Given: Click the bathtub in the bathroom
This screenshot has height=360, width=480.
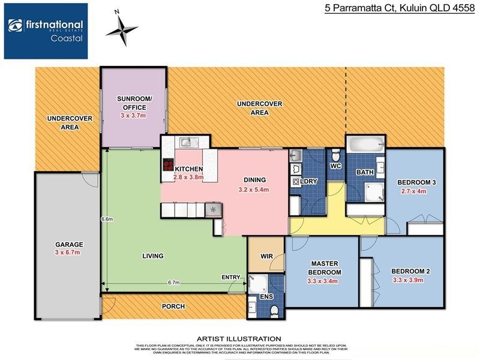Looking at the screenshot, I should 365,144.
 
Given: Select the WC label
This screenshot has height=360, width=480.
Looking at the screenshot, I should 336,165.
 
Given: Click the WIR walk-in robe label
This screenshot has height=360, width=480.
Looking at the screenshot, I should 266,256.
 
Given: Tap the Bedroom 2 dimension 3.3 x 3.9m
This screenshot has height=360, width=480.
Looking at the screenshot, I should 410,280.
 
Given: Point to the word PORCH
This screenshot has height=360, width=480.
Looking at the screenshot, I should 173,307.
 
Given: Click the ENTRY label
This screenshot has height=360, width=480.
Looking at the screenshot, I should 230,277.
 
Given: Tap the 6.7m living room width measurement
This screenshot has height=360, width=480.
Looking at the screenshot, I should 174,282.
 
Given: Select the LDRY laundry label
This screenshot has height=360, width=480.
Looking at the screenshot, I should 308,181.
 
